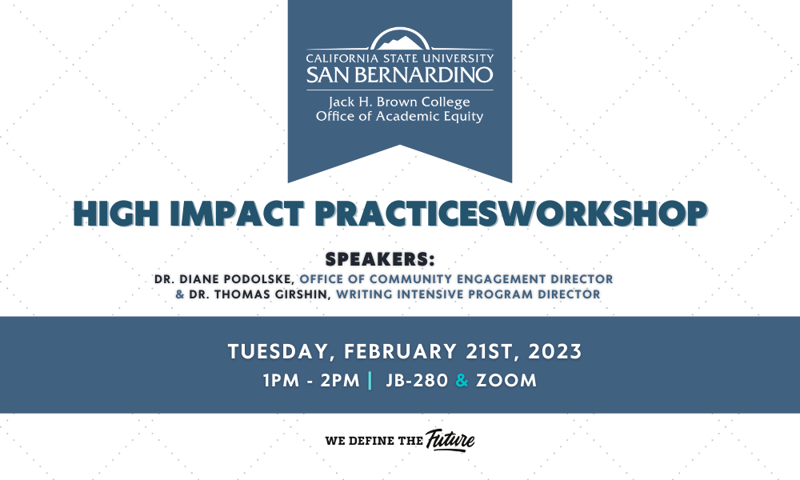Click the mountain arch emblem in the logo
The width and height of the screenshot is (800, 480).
click(400, 38)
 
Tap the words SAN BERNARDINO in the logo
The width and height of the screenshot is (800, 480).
click(400, 75)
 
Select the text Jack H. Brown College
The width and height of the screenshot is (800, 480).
click(399, 102)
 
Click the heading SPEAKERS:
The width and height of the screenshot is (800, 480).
click(380, 259)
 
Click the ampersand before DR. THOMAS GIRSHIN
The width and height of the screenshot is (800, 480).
click(180, 294)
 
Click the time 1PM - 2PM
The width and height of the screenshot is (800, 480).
click(312, 381)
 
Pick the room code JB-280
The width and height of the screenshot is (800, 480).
click(418, 381)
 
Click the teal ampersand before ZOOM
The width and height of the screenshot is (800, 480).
click(462, 381)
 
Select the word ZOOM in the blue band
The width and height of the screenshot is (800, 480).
click(506, 381)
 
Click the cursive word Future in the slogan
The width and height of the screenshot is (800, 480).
click(450, 440)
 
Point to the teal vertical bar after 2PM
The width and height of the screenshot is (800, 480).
click(370, 381)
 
